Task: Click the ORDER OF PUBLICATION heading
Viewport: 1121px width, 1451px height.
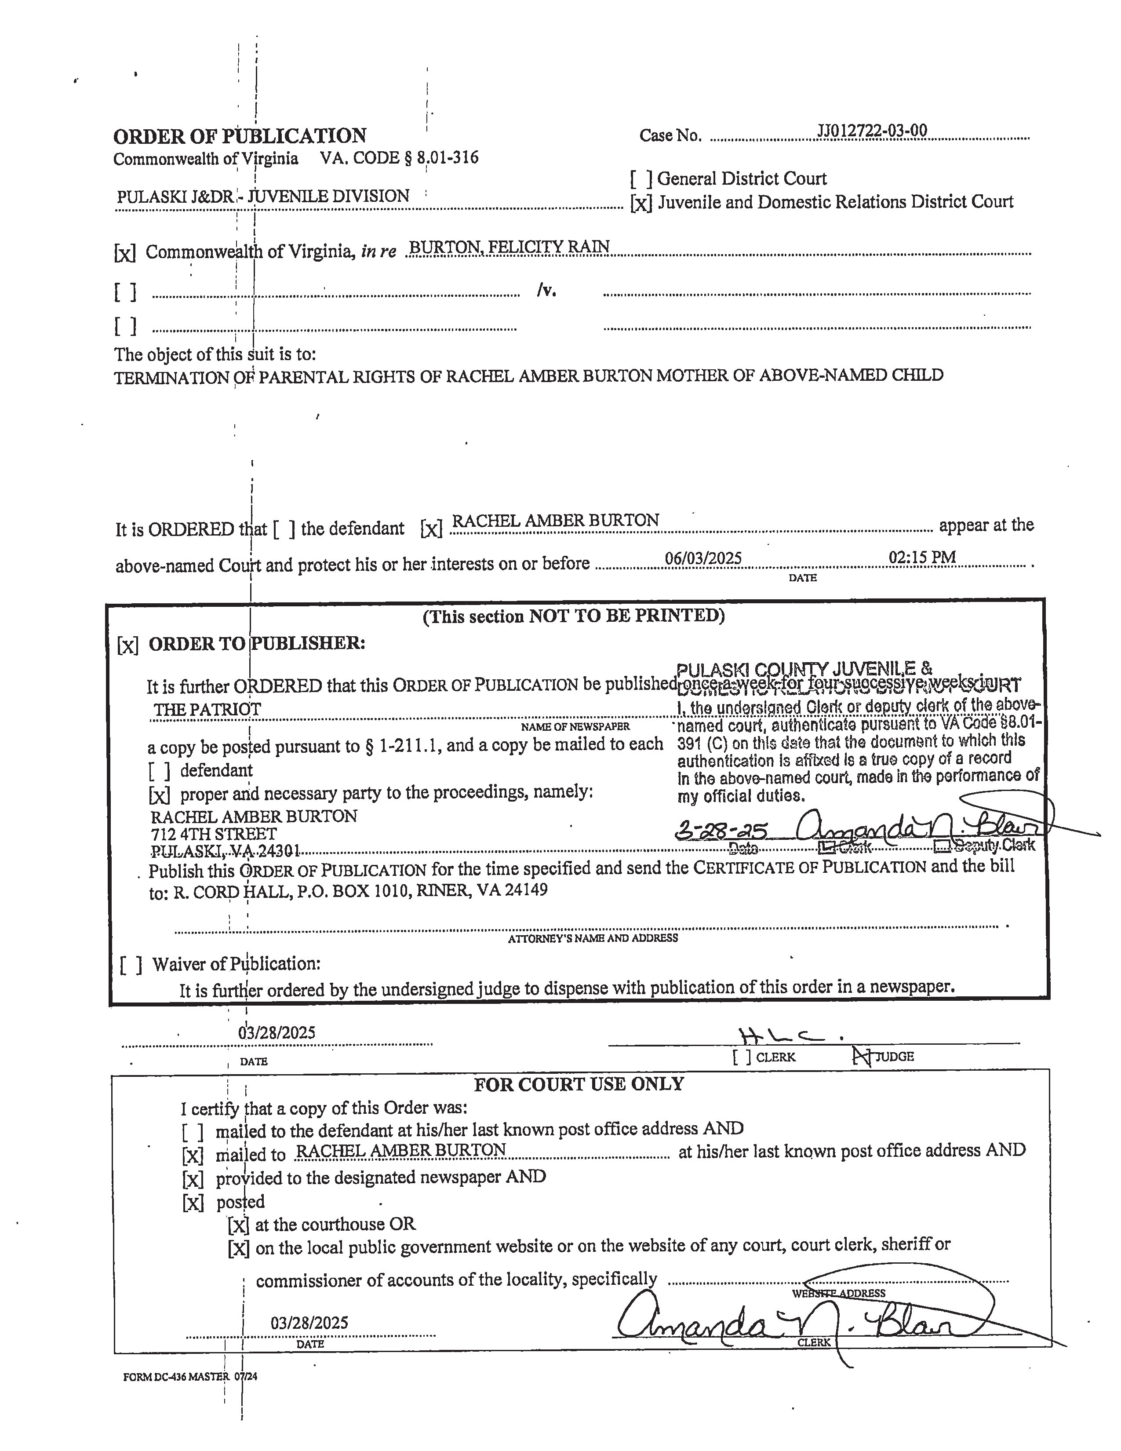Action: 240,136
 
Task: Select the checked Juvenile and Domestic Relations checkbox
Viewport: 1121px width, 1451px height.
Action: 641,203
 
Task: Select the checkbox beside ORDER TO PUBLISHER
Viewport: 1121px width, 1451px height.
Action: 127,645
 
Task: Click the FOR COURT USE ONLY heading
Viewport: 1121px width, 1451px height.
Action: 579,1084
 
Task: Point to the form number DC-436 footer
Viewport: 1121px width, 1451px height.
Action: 190,1377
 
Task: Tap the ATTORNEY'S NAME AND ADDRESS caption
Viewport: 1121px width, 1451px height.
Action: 593,938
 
